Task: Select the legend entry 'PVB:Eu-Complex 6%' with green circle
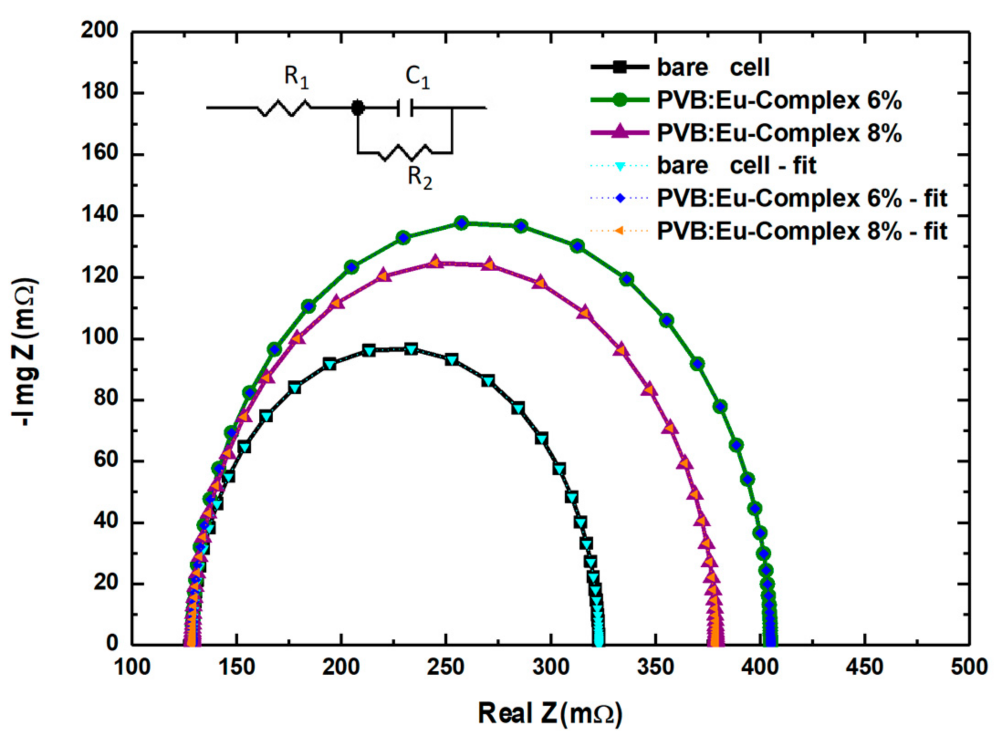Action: tap(778, 100)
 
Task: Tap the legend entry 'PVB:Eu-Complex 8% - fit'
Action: tap(802, 231)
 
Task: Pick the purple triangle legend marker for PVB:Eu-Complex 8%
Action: tap(619, 132)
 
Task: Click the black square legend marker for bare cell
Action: tap(619, 67)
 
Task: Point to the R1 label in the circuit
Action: tap(296, 77)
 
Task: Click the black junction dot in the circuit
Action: tap(358, 108)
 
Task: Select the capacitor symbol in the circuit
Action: tap(405, 108)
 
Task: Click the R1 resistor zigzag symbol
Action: tap(284, 108)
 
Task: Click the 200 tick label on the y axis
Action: tap(99, 31)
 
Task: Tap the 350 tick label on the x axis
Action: tap(656, 667)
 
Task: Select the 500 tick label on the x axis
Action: tap(969, 667)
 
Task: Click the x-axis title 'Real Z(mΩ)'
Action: tap(550, 713)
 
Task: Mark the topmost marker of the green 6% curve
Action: tap(462, 223)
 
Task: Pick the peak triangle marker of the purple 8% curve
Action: tap(435, 261)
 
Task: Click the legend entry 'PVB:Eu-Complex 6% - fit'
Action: tap(802, 198)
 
